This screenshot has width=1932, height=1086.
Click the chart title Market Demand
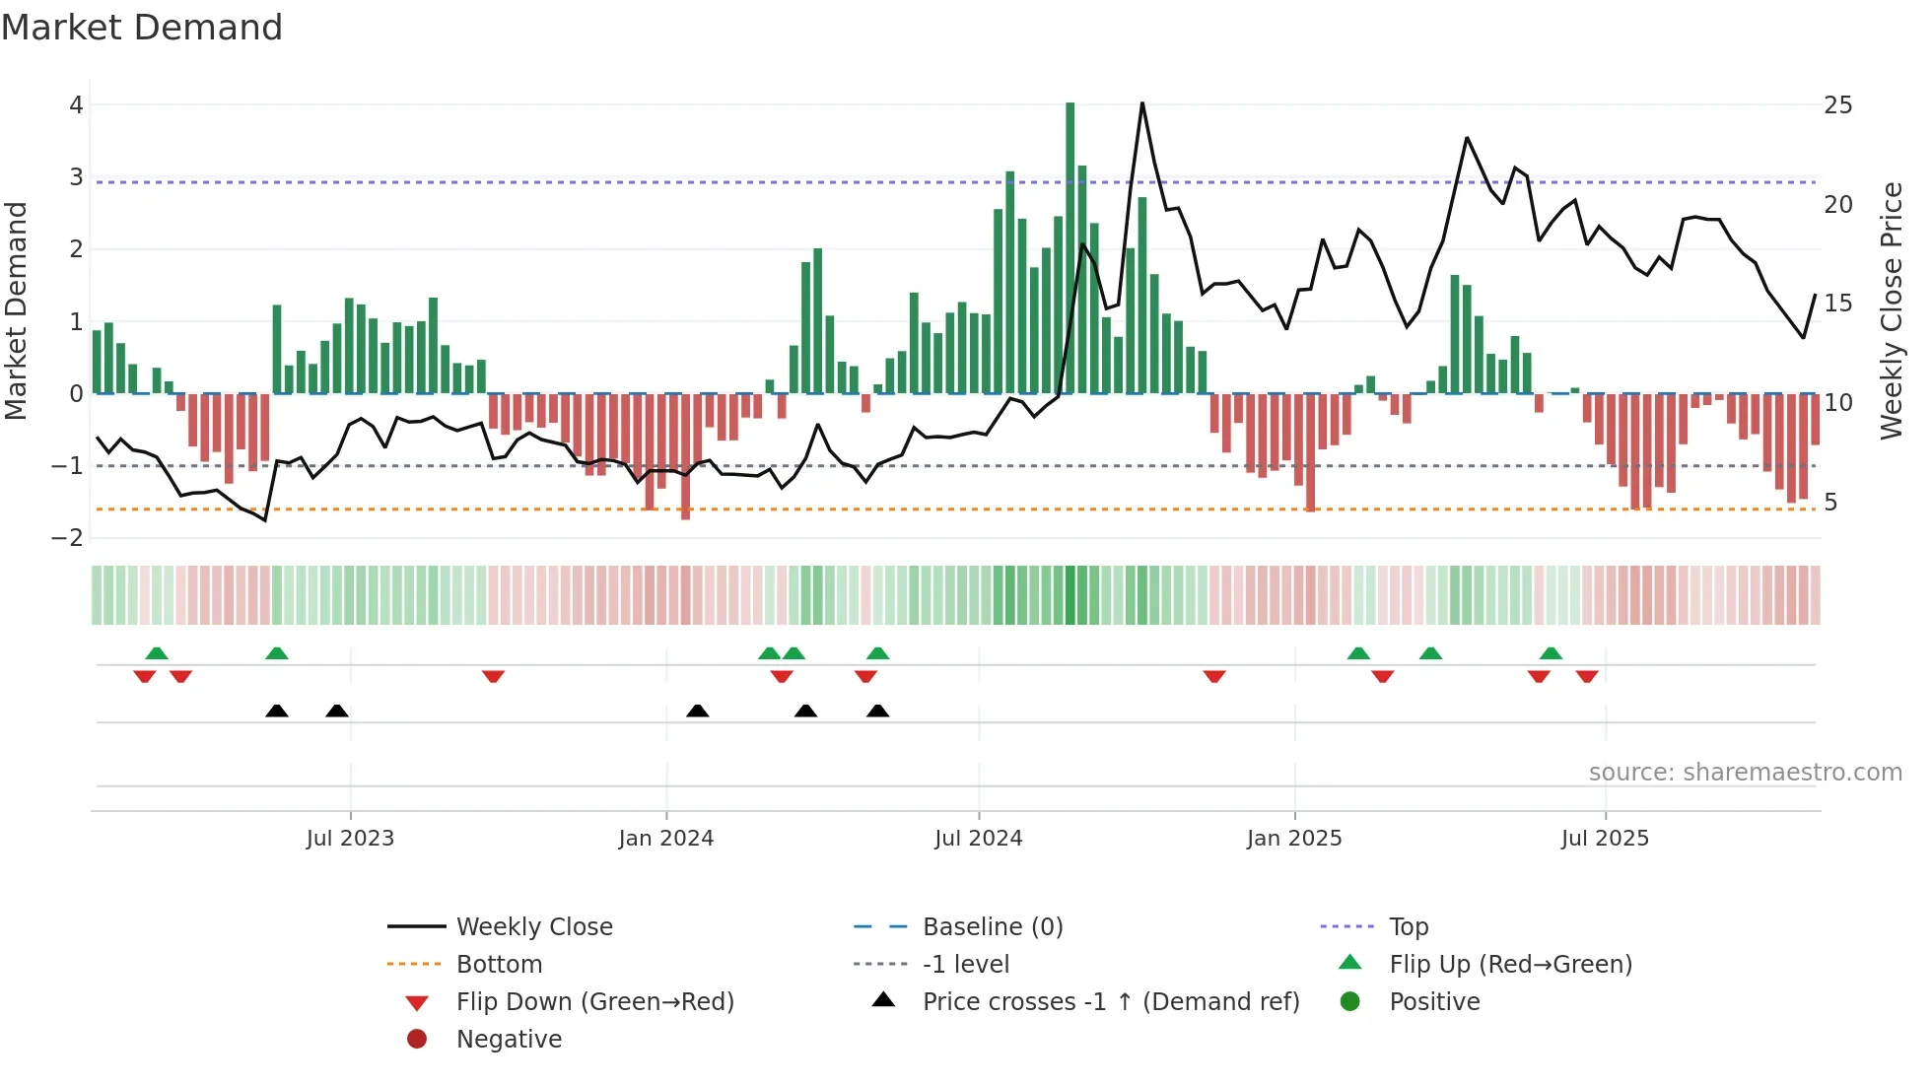pyautogui.click(x=142, y=28)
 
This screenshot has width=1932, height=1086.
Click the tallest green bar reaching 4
pyautogui.click(x=1069, y=246)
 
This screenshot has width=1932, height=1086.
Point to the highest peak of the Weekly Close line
pyautogui.click(x=1142, y=103)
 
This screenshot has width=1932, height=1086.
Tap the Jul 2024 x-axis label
pyautogui.click(x=978, y=839)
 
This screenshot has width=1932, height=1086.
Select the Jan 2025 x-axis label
pyautogui.click(x=1293, y=839)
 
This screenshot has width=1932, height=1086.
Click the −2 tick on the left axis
pyautogui.click(x=68, y=538)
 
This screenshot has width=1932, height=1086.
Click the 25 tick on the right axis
pyautogui.click(x=1837, y=105)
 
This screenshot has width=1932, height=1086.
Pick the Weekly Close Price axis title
pyautogui.click(x=1891, y=310)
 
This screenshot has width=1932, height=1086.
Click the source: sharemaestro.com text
pyautogui.click(x=1745, y=773)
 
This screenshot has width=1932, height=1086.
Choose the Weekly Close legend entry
pyautogui.click(x=533, y=927)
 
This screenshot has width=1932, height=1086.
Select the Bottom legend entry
pyautogui.click(x=499, y=965)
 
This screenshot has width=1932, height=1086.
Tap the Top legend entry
pyautogui.click(x=1408, y=927)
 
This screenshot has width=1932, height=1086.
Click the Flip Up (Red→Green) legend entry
pyautogui.click(x=1510, y=965)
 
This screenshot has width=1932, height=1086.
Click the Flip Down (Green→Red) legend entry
pyautogui.click(x=594, y=1002)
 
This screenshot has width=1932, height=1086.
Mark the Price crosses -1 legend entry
pyautogui.click(x=1110, y=1002)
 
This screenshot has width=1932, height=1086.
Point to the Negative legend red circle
pyautogui.click(x=417, y=1040)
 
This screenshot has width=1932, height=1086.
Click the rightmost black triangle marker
pyautogui.click(x=877, y=711)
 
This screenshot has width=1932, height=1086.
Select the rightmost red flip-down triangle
pyautogui.click(x=1586, y=676)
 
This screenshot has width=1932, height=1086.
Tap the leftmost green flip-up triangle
pyautogui.click(x=157, y=653)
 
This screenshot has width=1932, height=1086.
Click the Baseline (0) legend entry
pyautogui.click(x=992, y=927)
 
